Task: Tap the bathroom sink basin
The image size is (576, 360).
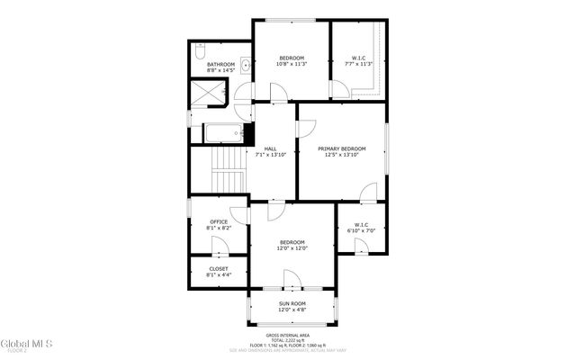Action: coord(233,65)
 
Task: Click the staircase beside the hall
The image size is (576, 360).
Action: coord(231,169)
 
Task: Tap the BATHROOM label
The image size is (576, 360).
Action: coord(220,65)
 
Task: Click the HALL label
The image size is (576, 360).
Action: coord(270,149)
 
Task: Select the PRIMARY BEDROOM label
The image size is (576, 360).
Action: coord(341,148)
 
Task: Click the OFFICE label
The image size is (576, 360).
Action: coord(219,221)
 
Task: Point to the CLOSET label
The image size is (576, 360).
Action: coord(219,268)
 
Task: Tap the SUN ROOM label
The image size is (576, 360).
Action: coord(292,304)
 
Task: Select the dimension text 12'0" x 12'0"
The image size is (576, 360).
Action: coord(292,249)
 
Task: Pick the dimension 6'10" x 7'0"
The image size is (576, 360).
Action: coord(360,231)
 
